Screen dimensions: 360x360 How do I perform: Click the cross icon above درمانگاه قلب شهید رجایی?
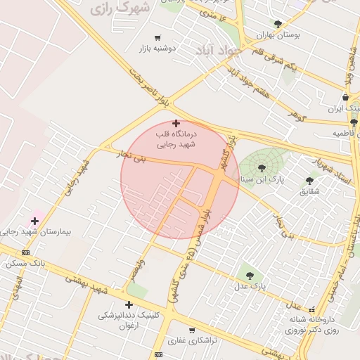point(176,123)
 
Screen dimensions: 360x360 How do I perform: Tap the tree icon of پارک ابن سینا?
point(262,167)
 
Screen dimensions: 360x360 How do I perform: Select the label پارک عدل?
point(252,285)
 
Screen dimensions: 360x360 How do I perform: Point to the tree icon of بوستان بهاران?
point(278,23)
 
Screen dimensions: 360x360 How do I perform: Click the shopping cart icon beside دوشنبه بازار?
point(157,38)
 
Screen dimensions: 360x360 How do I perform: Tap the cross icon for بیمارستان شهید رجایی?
point(34,221)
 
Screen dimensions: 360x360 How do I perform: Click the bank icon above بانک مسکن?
point(26,252)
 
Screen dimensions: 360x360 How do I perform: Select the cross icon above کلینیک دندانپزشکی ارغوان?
point(129,304)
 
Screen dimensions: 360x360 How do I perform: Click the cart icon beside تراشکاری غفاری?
point(191,330)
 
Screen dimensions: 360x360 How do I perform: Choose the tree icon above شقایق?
point(309,181)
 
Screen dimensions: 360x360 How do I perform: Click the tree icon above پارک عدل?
point(248,275)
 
